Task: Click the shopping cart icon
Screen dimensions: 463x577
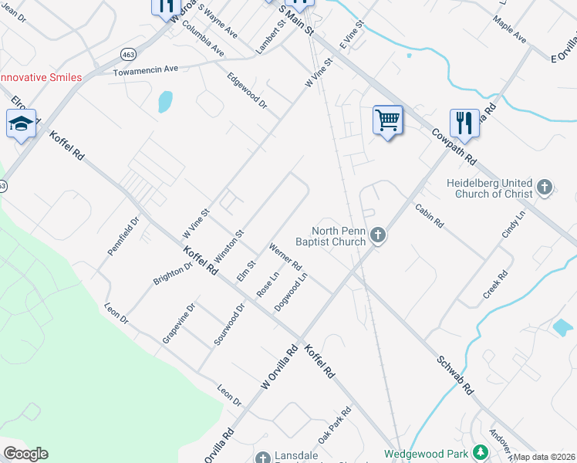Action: click(388, 120)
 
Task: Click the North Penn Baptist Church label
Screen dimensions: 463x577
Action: click(337, 236)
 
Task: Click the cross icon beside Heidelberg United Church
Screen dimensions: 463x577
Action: click(545, 187)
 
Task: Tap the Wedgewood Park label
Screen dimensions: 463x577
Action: click(428, 454)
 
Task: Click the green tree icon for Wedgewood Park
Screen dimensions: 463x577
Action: click(481, 452)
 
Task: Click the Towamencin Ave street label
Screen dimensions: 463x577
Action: click(146, 69)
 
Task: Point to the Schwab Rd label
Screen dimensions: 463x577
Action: click(455, 375)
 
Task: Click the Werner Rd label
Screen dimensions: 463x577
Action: click(285, 256)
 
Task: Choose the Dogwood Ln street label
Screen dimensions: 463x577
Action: click(292, 291)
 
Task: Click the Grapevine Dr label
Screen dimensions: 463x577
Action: click(179, 323)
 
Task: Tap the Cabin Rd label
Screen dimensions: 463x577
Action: click(429, 215)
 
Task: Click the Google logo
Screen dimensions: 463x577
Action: click(25, 454)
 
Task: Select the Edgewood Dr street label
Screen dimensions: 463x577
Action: click(247, 91)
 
